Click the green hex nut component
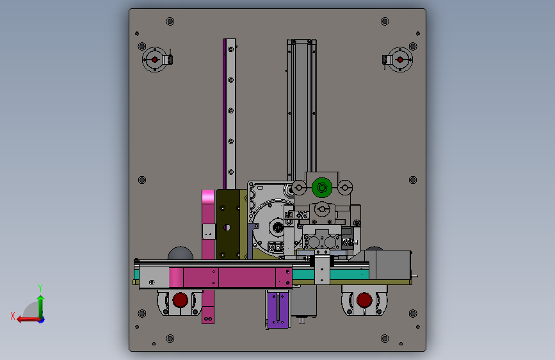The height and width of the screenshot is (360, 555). click(322, 188)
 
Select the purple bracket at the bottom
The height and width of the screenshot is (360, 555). click(278, 309)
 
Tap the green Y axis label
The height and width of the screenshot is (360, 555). click(40, 288)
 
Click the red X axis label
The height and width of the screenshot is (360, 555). click(13, 316)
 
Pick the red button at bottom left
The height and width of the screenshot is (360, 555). click(180, 300)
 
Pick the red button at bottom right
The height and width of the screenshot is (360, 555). click(364, 300)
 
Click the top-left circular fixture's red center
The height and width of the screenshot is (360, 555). click(155, 60)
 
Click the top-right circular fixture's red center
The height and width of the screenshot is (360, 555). click(400, 60)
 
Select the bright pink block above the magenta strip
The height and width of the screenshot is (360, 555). click(208, 197)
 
